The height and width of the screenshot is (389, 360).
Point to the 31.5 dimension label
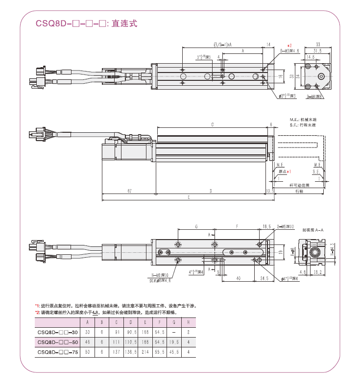coord(317,50)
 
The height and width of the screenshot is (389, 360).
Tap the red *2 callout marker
coord(289,45)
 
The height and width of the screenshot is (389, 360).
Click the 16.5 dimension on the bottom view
coord(267,226)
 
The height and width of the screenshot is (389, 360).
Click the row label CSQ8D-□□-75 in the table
coord(58,352)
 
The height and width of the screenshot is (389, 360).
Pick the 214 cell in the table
coord(145,352)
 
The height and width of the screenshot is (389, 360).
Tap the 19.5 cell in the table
coord(175,342)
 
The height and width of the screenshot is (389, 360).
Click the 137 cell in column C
coord(116,352)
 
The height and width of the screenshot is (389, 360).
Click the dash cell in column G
coord(175,332)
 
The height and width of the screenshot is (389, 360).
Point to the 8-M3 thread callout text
coord(289,50)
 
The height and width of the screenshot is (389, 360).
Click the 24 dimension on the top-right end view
coord(297,76)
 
